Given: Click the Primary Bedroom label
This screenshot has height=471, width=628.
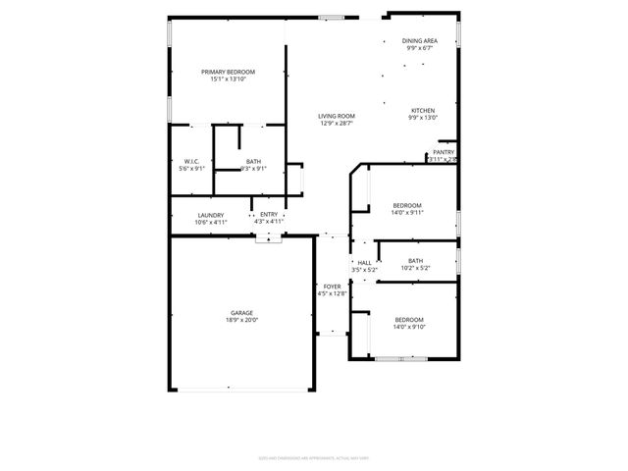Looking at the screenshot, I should pos(228,72).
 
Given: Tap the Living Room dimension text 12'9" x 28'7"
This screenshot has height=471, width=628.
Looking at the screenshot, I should pos(337,124).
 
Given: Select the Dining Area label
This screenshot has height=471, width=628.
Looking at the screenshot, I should pos(419,40).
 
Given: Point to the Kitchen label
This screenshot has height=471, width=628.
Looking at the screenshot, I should pos(422,110).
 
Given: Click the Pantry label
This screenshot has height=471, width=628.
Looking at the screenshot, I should pos(444,152).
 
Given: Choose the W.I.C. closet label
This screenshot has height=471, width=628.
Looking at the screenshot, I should pos(191,161).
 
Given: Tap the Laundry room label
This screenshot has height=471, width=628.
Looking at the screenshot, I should pos(210,215).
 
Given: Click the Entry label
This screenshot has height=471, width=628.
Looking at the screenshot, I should pos(268,215).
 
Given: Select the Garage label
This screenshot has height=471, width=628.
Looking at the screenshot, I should pos(241,312).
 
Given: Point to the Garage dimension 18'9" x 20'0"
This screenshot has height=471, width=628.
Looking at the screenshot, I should pos(241,319).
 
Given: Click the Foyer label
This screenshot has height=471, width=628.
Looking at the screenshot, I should pos(333,286).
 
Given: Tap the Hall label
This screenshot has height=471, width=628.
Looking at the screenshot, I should pos(364,262).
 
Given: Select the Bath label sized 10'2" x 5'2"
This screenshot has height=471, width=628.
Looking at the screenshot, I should pos(416,260).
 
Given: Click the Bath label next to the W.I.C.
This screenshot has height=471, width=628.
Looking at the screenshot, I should pos(253,161).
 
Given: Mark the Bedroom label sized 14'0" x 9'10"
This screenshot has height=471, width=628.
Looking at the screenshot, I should pos(409,319).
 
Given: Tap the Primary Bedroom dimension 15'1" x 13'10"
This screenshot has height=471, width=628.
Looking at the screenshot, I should pos(228,78).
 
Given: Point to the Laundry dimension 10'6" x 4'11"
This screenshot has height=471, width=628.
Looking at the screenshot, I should pos(210,222).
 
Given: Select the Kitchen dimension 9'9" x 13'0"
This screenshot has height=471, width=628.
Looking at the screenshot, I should pos(422,117).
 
